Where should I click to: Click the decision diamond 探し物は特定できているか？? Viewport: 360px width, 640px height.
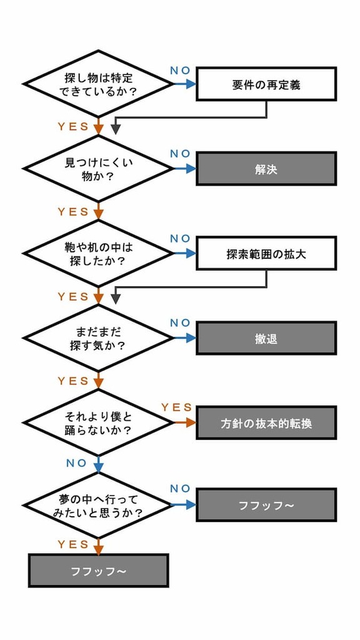(98, 84)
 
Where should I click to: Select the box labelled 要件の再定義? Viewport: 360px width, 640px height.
(266, 84)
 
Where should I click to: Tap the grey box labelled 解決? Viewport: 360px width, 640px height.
(266, 169)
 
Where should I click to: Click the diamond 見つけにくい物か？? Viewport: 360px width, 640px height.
(98, 169)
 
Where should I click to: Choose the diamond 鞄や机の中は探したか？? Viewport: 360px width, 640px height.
(98, 253)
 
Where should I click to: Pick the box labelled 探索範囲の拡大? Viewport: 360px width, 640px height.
(266, 253)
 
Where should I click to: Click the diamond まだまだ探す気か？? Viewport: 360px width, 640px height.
(98, 338)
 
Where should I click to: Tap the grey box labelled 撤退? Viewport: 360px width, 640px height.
(266, 338)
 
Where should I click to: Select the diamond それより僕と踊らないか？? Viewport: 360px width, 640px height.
(98, 422)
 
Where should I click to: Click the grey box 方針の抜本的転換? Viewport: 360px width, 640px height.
(266, 422)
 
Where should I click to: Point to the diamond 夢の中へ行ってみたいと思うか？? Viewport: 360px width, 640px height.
(98, 505)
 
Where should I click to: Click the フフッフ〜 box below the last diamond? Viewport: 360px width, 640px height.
(98, 570)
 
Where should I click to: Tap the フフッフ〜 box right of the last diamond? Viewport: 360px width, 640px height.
(266, 505)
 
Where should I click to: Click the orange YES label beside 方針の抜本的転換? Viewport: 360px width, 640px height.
(176, 407)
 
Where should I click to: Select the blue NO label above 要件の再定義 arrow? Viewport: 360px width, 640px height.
(181, 70)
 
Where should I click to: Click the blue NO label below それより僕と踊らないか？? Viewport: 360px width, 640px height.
(76, 463)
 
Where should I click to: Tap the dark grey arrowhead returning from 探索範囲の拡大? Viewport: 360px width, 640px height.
(116, 299)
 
